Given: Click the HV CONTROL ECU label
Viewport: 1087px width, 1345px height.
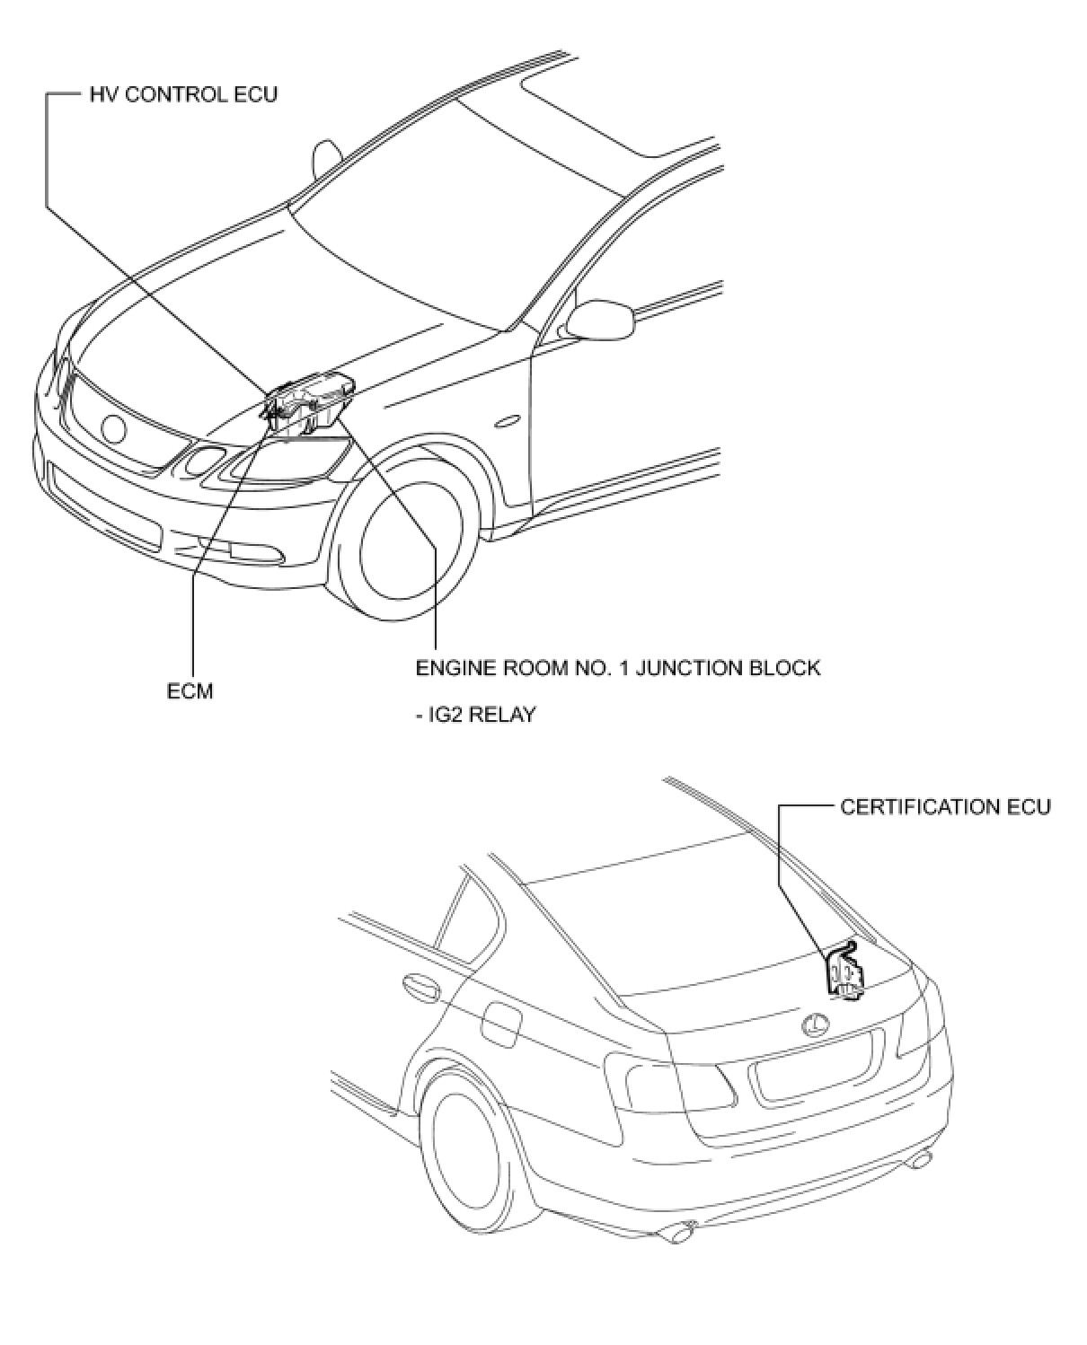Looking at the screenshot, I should tap(183, 94).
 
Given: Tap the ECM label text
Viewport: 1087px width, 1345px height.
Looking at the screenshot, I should tap(190, 691).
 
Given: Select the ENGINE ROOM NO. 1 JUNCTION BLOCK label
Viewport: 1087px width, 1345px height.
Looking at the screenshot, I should tap(617, 668).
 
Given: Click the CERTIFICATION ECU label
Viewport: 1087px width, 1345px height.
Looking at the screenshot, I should tap(945, 806).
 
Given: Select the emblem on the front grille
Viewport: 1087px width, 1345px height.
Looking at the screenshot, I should tap(114, 428).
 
